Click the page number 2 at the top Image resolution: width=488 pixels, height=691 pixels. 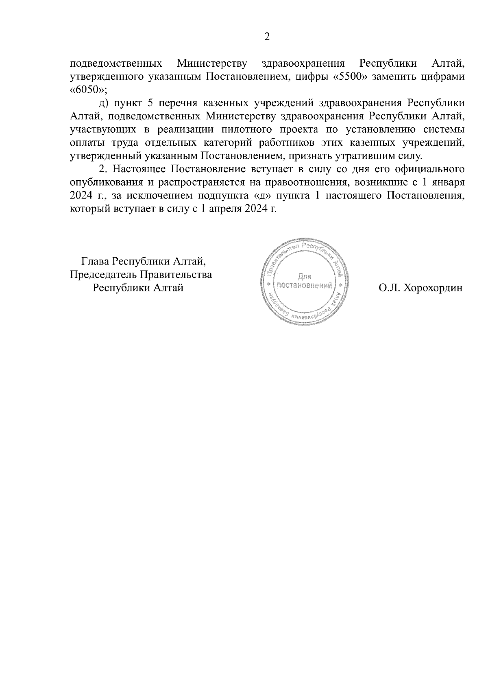[267, 37]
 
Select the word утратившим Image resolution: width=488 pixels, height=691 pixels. [368, 156]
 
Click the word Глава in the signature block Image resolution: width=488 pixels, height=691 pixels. [96, 261]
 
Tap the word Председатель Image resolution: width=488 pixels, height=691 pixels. [104, 274]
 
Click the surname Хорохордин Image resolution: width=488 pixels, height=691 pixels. [432, 288]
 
